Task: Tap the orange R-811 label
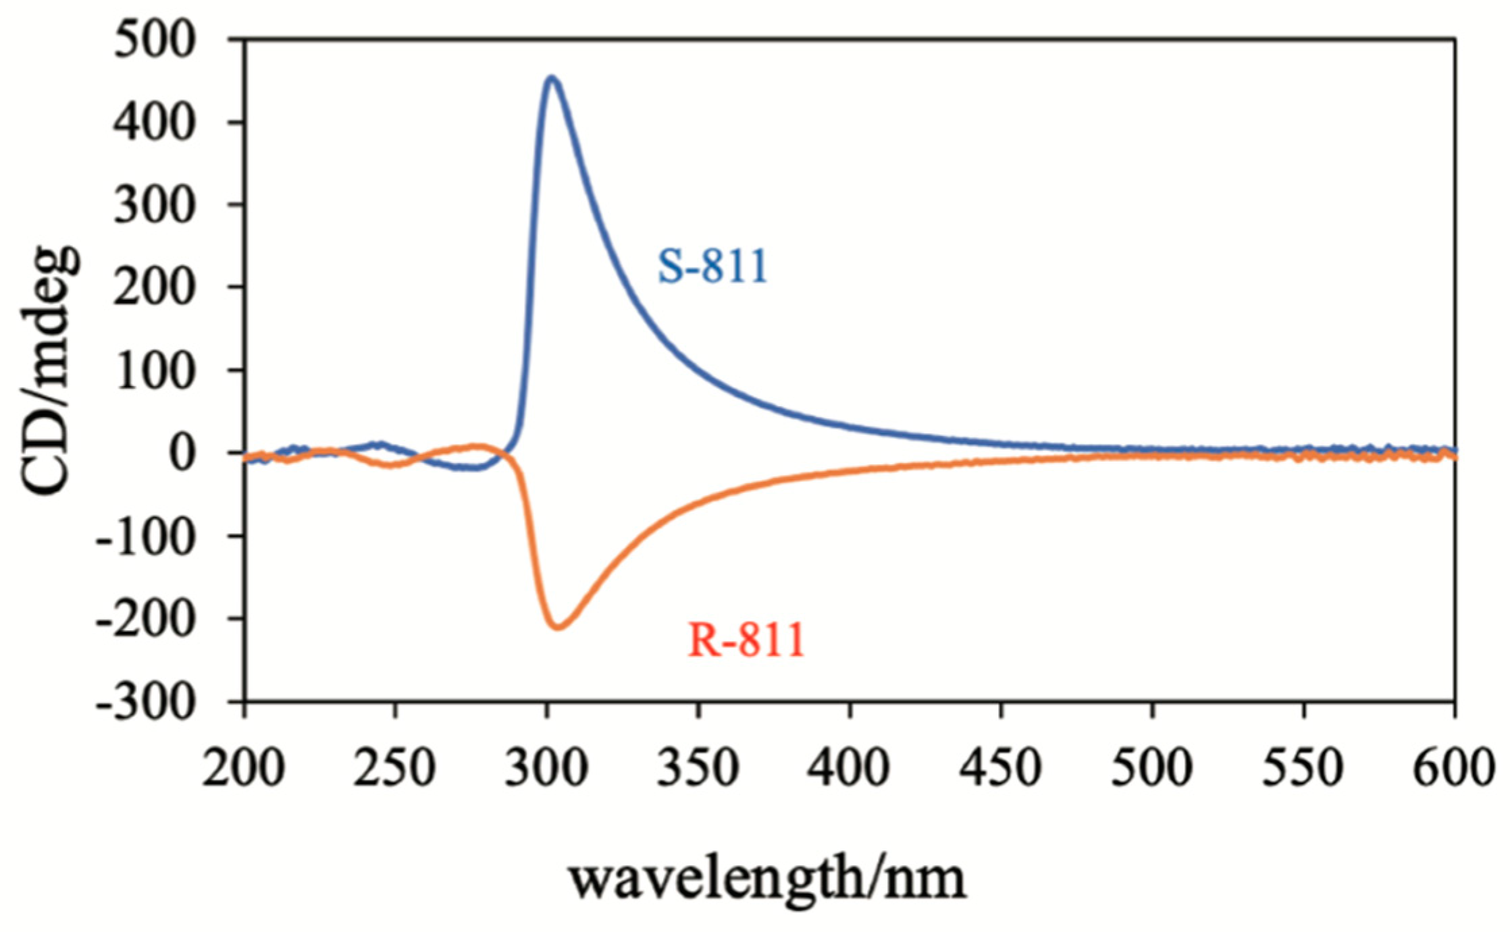(x=747, y=642)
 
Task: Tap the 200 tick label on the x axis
(x=243, y=770)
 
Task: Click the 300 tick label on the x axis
(x=546, y=770)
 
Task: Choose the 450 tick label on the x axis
(x=1001, y=770)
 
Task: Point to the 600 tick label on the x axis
(x=1452, y=770)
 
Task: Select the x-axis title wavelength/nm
(x=767, y=879)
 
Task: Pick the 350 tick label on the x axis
(x=698, y=770)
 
